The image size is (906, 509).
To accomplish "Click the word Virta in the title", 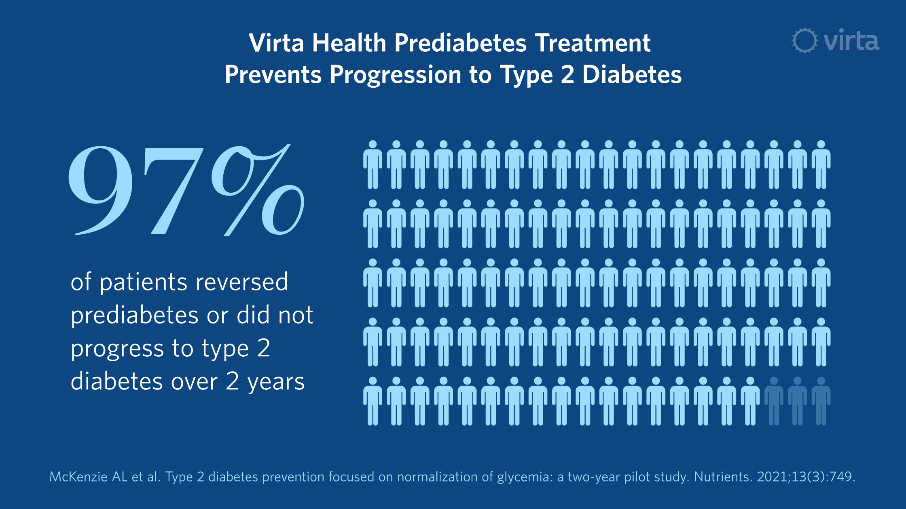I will click(x=276, y=43).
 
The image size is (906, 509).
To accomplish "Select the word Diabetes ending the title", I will click(x=632, y=75).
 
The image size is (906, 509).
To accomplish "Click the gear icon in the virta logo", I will click(x=804, y=40).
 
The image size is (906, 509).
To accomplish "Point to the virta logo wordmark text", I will click(x=851, y=41).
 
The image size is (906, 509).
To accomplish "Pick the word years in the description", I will click(x=276, y=382).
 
